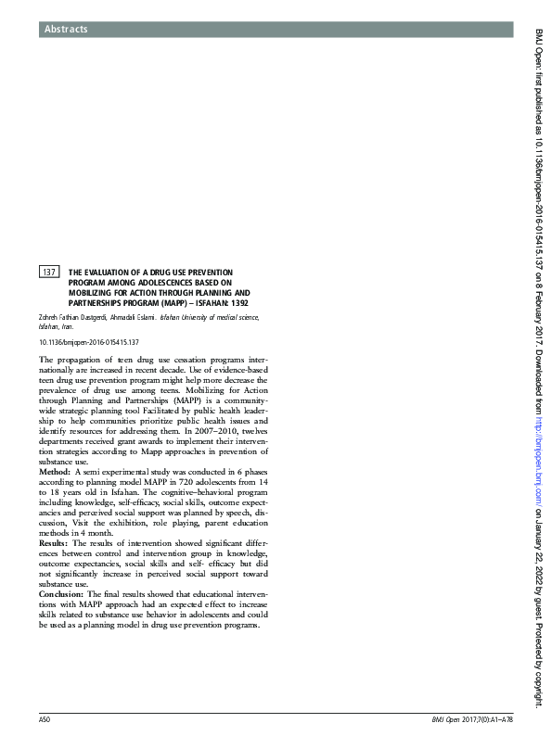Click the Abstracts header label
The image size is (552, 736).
[x=65, y=30]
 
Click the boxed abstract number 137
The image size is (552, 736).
[x=49, y=273]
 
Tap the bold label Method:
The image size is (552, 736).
[x=55, y=472]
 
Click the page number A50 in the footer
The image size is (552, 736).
[x=45, y=720]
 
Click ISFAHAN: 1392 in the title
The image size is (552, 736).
[x=222, y=302]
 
